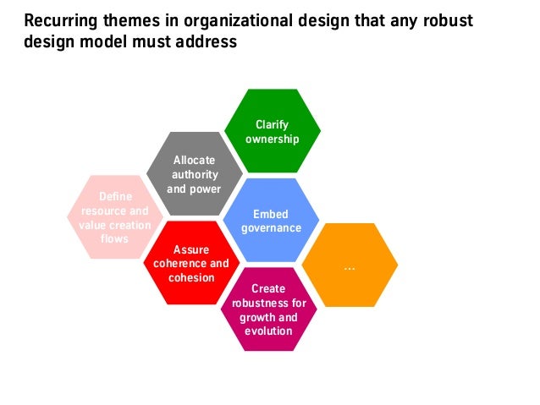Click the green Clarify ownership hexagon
(272, 131)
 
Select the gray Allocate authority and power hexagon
(194, 173)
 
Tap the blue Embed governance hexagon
(271, 220)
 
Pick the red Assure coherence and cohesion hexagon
(191, 264)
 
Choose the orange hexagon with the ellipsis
(350, 266)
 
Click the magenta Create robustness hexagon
(268, 309)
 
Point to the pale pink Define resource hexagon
(115, 217)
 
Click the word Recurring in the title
(60, 20)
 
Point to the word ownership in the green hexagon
(272, 139)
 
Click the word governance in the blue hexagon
(271, 228)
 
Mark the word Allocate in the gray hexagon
(194, 160)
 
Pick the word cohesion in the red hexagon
(191, 277)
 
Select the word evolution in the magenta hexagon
(268, 331)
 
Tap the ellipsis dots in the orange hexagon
(350, 267)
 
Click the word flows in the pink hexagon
(114, 239)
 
